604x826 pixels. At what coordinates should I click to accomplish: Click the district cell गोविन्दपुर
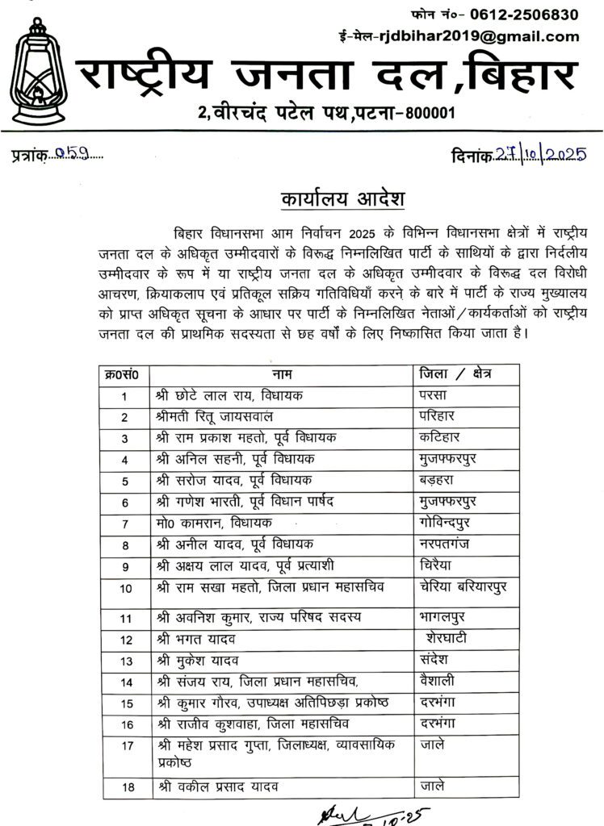pyautogui.click(x=451, y=523)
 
